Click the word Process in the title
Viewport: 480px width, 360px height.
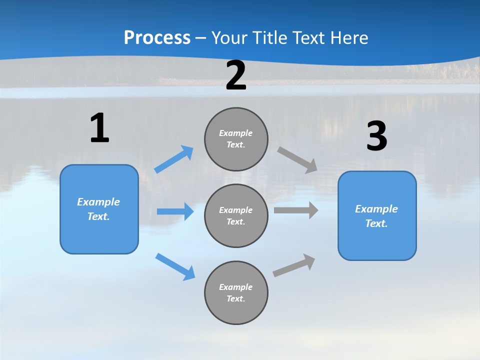pos(157,37)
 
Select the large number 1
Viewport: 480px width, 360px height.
pos(99,128)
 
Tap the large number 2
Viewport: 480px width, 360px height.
pos(236,75)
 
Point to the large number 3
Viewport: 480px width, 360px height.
pos(376,136)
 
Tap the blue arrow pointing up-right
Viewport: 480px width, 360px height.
pos(174,159)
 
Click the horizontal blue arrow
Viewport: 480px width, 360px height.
pos(175,211)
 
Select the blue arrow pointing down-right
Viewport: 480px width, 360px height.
pos(175,266)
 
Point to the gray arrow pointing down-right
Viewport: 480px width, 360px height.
pos(298,159)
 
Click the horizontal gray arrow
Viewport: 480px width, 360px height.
pos(296,210)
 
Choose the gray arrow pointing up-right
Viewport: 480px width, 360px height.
pos(294,265)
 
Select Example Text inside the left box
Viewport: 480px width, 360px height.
pos(98,209)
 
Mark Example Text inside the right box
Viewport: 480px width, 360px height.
pos(376,216)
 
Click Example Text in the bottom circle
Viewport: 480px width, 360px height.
pos(236,292)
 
